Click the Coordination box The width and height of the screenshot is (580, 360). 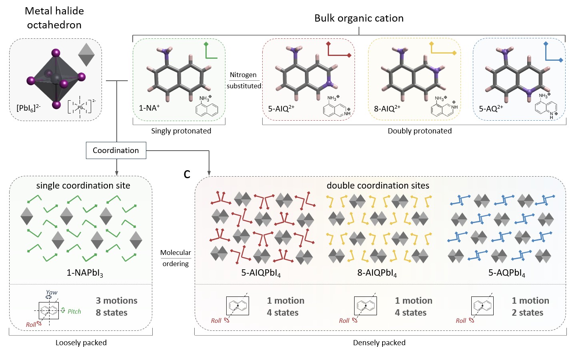[x=116, y=151]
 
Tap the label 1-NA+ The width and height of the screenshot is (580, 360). [x=149, y=108]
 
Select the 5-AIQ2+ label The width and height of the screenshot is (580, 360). [x=281, y=109]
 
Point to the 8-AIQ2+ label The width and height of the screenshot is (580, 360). [x=387, y=109]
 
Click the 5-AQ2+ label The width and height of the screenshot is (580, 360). [x=491, y=108]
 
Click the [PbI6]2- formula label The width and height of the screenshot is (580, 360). [x=28, y=108]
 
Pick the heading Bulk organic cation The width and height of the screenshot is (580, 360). [x=359, y=18]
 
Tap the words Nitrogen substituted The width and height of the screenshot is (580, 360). [x=243, y=80]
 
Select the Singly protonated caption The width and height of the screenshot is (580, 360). [x=181, y=131]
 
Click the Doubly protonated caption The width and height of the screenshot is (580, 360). [x=420, y=131]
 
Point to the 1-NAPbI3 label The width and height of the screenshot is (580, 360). [x=85, y=273]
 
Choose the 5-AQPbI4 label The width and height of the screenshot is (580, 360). [x=506, y=273]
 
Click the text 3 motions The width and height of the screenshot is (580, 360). [x=116, y=300]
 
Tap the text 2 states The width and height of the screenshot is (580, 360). [x=527, y=312]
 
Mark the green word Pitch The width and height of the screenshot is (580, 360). [x=74, y=312]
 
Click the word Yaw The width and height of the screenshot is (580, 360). [x=52, y=292]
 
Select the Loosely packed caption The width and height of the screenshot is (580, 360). [x=81, y=343]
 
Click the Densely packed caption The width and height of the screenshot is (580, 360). [x=379, y=343]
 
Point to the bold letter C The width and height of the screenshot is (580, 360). [x=187, y=175]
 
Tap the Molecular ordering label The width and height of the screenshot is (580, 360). [x=175, y=258]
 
